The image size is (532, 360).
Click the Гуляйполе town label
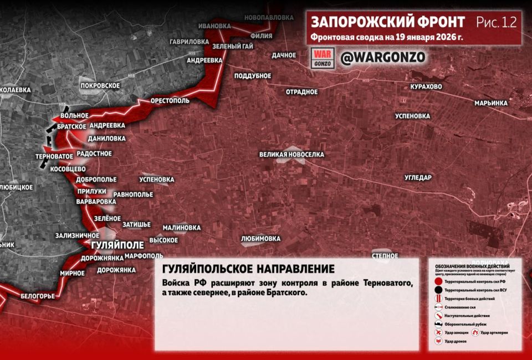[x=117, y=245]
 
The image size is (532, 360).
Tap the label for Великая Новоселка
[x=291, y=155]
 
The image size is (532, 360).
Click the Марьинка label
[x=491, y=103]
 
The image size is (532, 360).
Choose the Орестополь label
[x=170, y=101]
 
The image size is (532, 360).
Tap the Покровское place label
[x=100, y=85]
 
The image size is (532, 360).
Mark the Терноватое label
[x=54, y=157]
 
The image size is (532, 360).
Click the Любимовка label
[x=261, y=239]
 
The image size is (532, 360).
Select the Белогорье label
[x=38, y=296]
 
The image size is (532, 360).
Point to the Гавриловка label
[x=190, y=42]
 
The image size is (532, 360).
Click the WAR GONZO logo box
[x=323, y=58]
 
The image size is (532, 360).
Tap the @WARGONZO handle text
[x=382, y=58]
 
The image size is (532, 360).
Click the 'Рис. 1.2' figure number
[x=496, y=22]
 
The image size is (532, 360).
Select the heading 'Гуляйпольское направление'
[x=248, y=269]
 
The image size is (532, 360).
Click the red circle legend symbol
[x=439, y=281]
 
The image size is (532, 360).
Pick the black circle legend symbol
[x=439, y=290]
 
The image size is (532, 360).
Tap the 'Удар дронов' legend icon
[x=439, y=341]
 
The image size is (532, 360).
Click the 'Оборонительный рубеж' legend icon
[x=439, y=324]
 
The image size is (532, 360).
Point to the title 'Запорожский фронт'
[x=388, y=22]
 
